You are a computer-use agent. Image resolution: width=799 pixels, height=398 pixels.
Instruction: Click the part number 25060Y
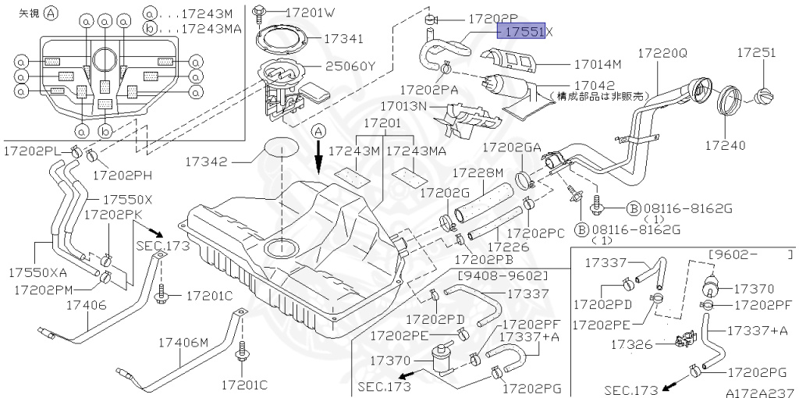(346, 66)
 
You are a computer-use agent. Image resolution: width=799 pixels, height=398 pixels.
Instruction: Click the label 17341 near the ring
(344, 37)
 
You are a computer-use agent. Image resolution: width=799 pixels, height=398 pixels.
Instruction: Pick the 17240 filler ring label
(726, 145)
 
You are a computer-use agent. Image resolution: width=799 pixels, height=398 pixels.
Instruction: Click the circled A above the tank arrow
(318, 133)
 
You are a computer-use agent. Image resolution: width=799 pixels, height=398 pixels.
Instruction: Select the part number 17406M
(184, 343)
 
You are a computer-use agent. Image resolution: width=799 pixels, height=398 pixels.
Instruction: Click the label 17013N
(404, 106)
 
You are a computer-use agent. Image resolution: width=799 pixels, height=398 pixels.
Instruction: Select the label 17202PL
(32, 148)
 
